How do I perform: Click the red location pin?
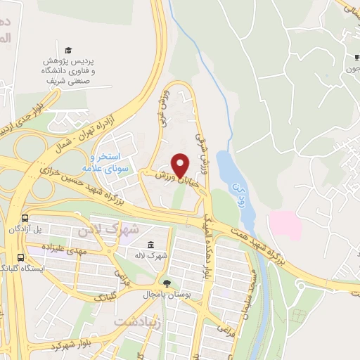[x=181, y=165]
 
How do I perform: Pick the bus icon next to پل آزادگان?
[x=25, y=219]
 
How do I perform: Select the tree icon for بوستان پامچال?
[x=167, y=283]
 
